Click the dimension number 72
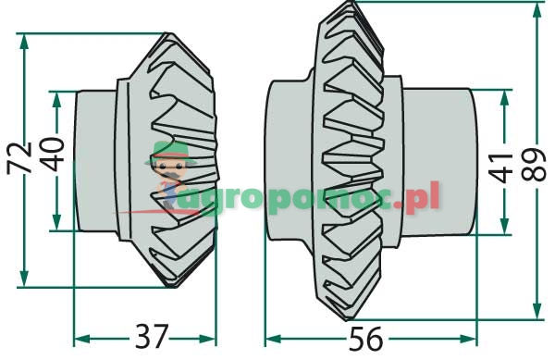click(x=18, y=157)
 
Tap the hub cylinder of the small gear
click(x=92, y=160)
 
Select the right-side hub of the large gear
click(x=439, y=159)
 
